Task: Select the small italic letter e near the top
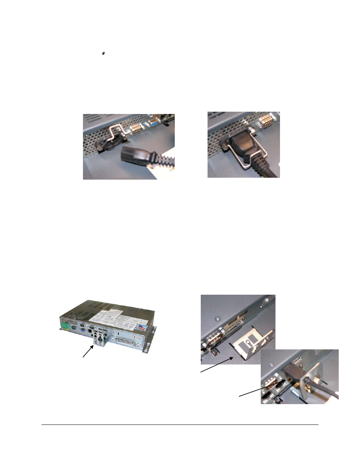click(x=103, y=54)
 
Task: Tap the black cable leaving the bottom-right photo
click(x=328, y=392)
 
